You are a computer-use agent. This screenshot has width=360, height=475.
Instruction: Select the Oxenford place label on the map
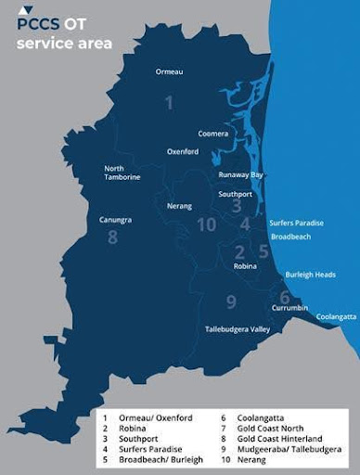pyautogui.click(x=183, y=151)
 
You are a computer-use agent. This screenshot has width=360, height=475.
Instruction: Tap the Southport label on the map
pyautogui.click(x=236, y=194)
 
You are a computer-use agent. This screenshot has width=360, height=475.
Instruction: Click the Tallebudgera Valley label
pyautogui.click(x=238, y=329)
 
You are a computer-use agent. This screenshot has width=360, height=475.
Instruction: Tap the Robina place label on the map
pyautogui.click(x=245, y=266)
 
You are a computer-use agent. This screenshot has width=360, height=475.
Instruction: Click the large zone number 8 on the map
pyautogui.click(x=113, y=237)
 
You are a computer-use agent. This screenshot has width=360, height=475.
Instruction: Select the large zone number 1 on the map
pyautogui.click(x=169, y=102)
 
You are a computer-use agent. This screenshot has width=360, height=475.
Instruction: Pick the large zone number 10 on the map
pyautogui.click(x=207, y=225)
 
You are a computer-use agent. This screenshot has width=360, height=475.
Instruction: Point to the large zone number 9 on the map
pyautogui.click(x=231, y=301)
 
